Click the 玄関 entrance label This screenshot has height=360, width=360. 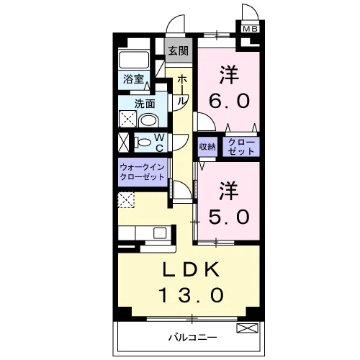(x=179, y=51)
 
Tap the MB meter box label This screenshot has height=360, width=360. (x=251, y=29)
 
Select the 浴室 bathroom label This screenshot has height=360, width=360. (x=133, y=79)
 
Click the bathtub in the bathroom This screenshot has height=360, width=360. (x=134, y=60)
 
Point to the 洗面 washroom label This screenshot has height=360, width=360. (x=145, y=104)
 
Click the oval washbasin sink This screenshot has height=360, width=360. (x=148, y=120)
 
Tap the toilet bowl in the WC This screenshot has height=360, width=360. (x=143, y=143)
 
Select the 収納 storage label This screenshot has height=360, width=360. (x=207, y=147)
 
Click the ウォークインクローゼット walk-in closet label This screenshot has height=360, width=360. (x=142, y=172)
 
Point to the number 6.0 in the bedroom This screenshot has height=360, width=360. (x=229, y=101)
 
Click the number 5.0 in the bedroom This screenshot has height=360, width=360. (x=229, y=217)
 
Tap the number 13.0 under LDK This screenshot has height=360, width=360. (x=191, y=295)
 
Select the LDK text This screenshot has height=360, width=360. (x=192, y=269)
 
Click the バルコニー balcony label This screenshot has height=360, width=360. (x=192, y=338)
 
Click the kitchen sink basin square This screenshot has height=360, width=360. (x=160, y=233)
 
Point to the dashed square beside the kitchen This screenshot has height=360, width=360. (x=126, y=200)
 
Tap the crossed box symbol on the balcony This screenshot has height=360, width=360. (x=248, y=328)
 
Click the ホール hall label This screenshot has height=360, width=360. (x=182, y=90)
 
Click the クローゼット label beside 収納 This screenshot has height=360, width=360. (x=241, y=147)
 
